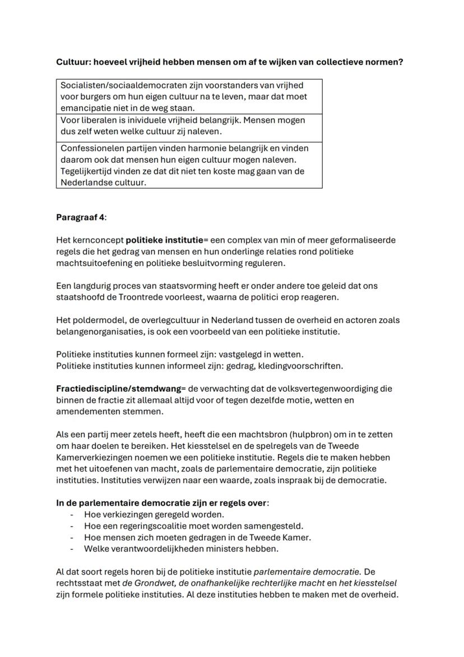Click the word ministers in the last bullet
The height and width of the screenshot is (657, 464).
click(224, 549)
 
